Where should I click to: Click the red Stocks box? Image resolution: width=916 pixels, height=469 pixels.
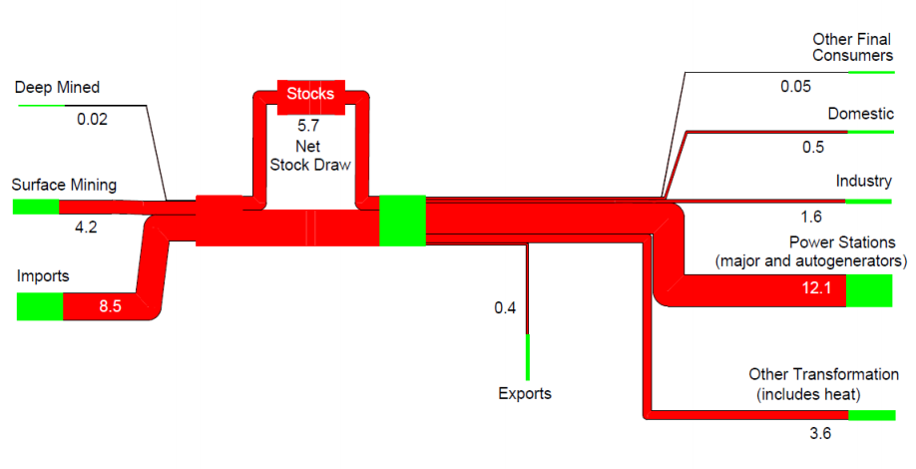310,95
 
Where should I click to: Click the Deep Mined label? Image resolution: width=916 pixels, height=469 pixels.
56,88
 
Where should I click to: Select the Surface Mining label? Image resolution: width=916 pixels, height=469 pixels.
64,185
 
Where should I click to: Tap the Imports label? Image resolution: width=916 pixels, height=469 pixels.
42,275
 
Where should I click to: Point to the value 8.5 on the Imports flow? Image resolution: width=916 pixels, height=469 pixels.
110,306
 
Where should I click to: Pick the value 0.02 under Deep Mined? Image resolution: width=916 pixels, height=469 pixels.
92,119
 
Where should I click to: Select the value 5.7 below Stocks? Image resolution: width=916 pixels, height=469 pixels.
310,127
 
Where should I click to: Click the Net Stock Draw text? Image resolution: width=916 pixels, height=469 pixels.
309,156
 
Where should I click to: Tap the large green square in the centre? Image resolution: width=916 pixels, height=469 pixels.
402,221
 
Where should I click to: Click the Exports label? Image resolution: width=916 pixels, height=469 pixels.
525,393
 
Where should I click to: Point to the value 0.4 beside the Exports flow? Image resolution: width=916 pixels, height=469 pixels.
505,307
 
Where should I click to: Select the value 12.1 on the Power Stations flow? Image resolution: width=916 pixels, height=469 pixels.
810,289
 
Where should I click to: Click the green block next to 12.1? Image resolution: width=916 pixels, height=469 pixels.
868,290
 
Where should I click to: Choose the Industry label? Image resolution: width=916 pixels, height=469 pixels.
864,181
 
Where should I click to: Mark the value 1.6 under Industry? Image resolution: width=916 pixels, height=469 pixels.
810,217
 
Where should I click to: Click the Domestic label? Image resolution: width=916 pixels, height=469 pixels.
860,114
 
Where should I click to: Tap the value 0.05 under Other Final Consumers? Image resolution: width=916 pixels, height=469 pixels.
795,86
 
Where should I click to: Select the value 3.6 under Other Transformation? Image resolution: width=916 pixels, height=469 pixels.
818,433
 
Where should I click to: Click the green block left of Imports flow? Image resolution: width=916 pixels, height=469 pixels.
40,306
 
